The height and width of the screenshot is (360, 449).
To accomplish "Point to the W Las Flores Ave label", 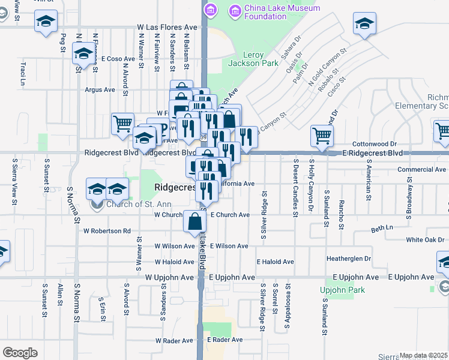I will click(x=167, y=28).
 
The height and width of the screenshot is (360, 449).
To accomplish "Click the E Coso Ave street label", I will click(x=118, y=59).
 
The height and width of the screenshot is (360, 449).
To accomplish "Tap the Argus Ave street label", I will click(x=100, y=90).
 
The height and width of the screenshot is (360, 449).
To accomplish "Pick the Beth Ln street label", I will click(x=382, y=228).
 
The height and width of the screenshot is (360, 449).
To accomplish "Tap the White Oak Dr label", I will click(x=425, y=239).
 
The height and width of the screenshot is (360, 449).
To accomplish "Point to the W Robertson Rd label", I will click(x=107, y=230).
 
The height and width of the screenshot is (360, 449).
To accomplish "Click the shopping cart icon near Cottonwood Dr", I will click(x=322, y=136).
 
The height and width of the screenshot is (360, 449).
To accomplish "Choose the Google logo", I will click(x=20, y=352).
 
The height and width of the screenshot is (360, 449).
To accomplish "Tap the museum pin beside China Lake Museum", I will click(x=211, y=10).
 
